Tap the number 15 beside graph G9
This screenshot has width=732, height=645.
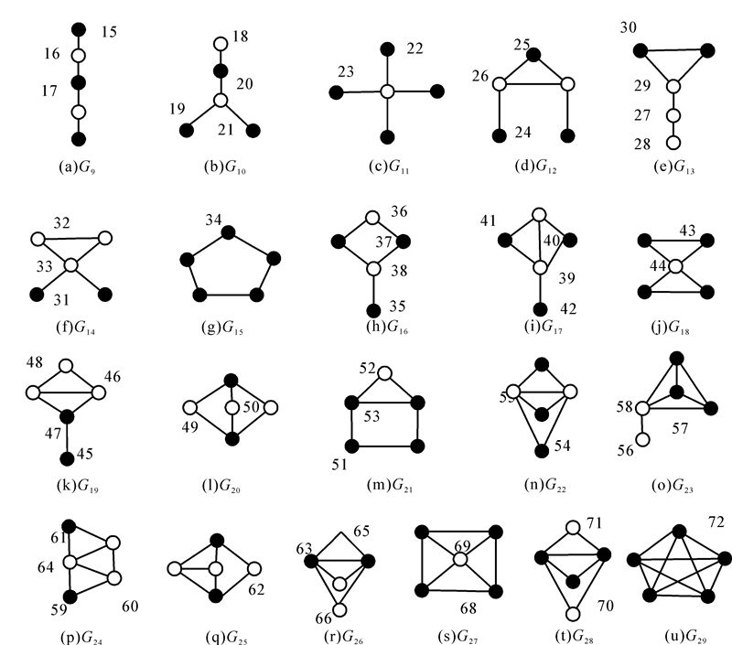point(109,31)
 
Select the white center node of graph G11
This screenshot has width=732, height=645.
point(387,91)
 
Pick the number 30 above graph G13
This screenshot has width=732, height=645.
point(629,27)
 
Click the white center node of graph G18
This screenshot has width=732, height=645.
point(675,266)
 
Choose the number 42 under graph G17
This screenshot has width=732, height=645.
point(567,307)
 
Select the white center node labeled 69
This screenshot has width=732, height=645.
point(459,560)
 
